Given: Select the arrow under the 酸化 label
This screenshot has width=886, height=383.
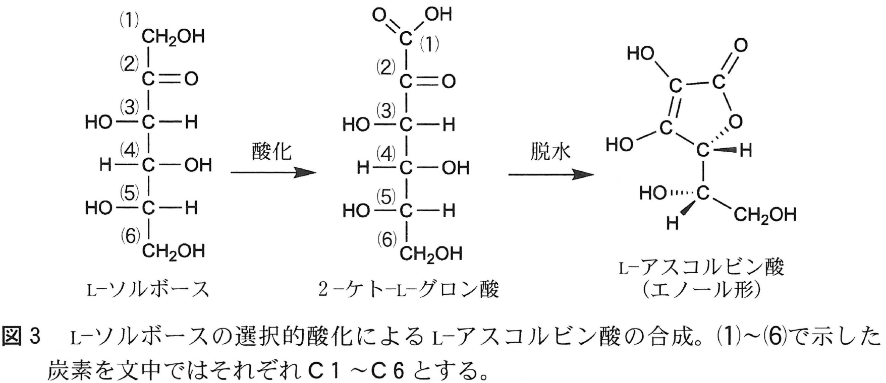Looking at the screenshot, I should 273,173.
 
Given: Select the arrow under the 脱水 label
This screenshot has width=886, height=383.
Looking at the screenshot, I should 550,174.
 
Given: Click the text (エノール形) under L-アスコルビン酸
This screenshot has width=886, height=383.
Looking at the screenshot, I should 702,290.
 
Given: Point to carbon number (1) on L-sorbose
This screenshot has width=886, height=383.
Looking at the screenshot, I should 129,20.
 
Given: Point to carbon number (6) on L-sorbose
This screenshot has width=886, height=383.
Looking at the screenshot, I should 131,235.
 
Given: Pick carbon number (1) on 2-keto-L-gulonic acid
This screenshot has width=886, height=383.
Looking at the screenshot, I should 429,44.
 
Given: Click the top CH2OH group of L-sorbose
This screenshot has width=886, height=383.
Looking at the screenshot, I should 173,37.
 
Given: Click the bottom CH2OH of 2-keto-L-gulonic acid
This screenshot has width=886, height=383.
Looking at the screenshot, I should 430,253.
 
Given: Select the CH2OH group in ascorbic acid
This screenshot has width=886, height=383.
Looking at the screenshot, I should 764,215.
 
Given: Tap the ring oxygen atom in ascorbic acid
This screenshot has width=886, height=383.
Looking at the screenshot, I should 736,121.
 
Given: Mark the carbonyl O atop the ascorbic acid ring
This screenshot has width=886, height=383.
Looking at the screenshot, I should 740,45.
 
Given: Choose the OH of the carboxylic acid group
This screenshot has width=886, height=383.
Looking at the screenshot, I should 438,14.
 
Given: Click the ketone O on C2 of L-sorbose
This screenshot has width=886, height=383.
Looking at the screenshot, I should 191,79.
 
